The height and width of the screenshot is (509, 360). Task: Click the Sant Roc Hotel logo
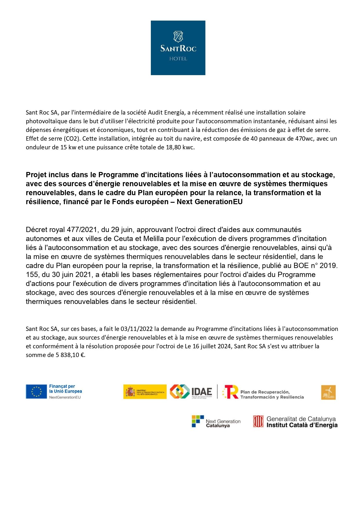[x=178, y=48]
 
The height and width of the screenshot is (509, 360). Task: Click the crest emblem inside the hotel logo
[x=178, y=37]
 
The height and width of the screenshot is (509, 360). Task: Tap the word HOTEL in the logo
[x=178, y=59]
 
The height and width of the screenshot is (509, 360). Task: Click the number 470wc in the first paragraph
[x=304, y=139]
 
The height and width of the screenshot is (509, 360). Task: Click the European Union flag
[x=36, y=392]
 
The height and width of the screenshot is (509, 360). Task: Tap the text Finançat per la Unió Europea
[x=65, y=389]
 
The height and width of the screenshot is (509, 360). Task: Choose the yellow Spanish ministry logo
[x=145, y=392]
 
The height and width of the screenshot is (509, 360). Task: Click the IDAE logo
[x=191, y=392]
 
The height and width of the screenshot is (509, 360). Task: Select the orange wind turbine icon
[x=328, y=392]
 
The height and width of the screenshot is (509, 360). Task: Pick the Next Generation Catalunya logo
[x=216, y=422]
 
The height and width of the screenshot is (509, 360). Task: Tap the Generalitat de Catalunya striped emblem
[x=258, y=421]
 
